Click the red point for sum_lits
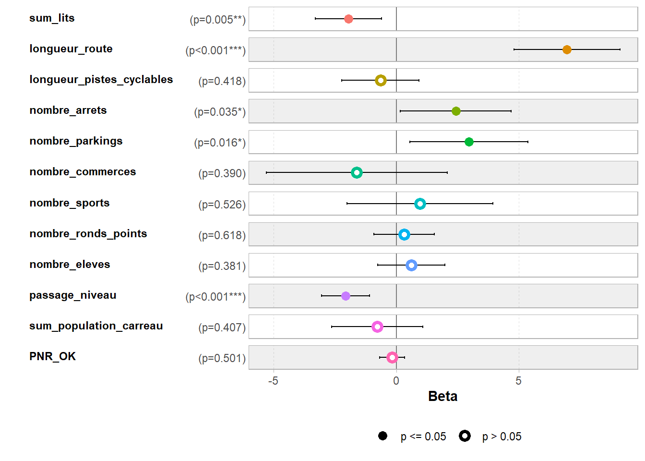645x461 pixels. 348,19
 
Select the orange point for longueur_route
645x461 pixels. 567,49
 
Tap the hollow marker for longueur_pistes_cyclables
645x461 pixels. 381,80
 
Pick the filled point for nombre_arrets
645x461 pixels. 456,111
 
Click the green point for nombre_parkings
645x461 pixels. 469,142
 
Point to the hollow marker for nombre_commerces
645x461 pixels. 357,172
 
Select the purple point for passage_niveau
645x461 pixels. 346,296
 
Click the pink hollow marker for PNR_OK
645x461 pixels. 392,357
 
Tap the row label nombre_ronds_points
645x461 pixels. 88,233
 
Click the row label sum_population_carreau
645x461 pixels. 96,326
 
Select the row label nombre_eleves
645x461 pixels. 70,264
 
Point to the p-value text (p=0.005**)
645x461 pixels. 217,20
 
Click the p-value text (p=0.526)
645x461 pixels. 222,205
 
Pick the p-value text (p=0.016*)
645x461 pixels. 219,143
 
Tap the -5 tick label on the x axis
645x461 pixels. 273,381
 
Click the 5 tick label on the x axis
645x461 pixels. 518,381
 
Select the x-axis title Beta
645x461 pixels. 442,396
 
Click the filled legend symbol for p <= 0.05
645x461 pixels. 382,436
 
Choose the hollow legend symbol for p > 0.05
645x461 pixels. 465,436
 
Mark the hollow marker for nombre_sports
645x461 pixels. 420,204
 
